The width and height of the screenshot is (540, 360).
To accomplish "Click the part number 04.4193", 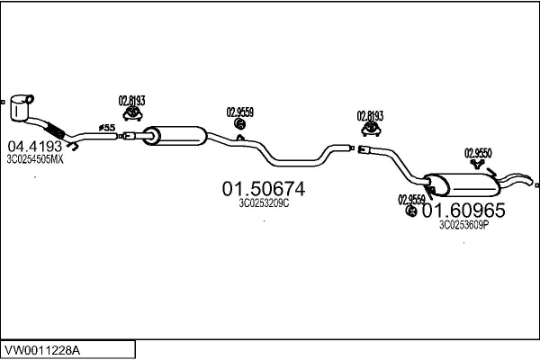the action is [x=35, y=147].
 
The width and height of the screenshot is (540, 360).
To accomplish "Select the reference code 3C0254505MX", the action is [x=35, y=159].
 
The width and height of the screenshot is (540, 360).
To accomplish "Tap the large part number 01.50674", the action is [x=264, y=189].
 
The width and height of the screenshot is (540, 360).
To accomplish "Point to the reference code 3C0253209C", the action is [x=264, y=203].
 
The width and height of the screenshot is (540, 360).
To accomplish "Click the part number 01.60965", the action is [x=463, y=210].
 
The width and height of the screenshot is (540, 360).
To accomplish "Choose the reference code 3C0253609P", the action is [x=463, y=225].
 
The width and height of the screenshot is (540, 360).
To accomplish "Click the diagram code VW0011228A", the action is [x=42, y=351].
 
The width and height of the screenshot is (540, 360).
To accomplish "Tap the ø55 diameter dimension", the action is [x=107, y=128].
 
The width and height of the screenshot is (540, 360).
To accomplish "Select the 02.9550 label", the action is [x=478, y=153].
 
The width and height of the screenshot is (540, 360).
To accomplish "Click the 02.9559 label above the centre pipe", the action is [x=240, y=112].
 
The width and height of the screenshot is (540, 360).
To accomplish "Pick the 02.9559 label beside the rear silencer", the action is [x=411, y=200].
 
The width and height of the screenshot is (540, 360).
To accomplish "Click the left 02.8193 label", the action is [x=132, y=101].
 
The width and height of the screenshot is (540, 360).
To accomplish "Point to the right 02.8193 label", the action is [x=370, y=116].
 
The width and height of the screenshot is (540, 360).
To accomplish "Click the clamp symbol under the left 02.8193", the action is [x=132, y=113].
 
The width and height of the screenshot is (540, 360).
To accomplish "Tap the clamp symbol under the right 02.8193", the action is [x=371, y=129].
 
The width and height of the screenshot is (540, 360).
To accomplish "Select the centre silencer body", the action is [x=175, y=136].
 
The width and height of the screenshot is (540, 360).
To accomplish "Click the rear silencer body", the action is [x=462, y=184].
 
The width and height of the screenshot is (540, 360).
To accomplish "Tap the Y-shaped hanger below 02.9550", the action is [x=477, y=164].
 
